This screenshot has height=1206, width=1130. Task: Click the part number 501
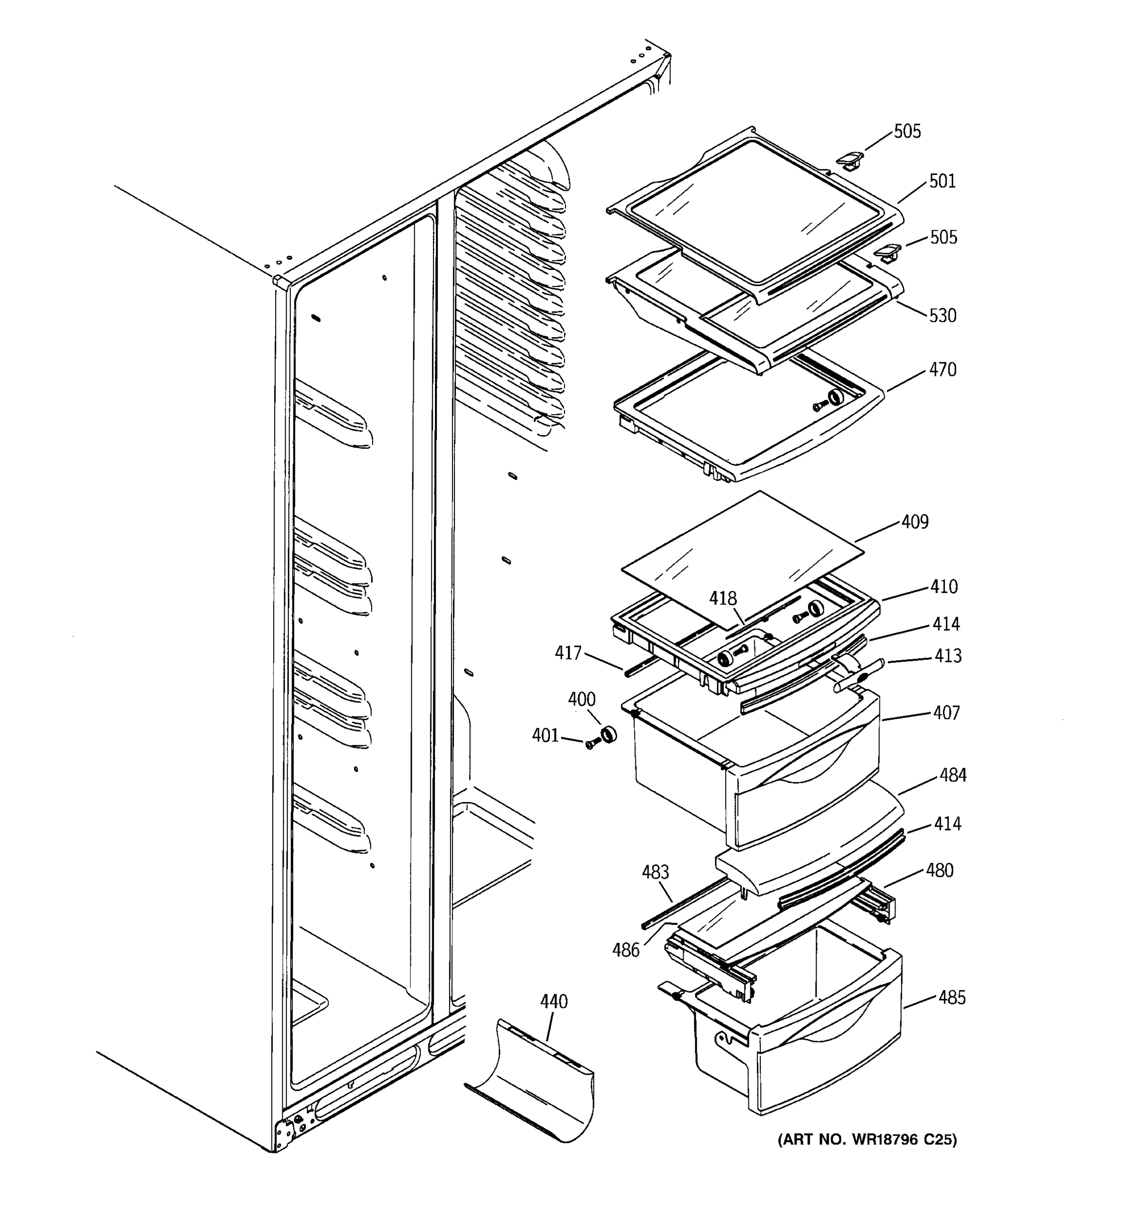[942, 181]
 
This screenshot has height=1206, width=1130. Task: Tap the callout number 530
[943, 316]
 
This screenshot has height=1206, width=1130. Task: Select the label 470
[943, 369]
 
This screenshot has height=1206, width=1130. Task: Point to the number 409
[915, 522]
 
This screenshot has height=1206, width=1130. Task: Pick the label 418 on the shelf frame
[723, 599]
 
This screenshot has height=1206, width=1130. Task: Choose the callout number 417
[568, 653]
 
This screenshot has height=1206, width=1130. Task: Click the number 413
[948, 656]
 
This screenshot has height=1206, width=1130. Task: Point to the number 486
[626, 950]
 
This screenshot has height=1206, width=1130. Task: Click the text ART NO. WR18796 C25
[867, 1140]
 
